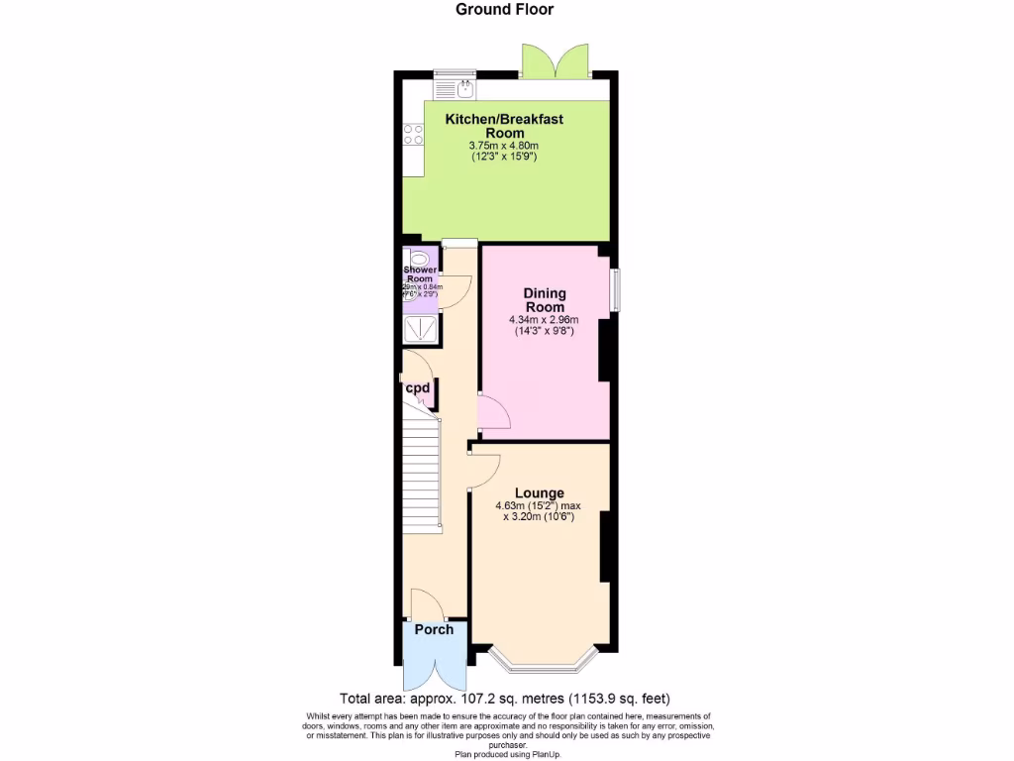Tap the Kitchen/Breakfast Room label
504,126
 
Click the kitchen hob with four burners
413,136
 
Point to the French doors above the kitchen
556,62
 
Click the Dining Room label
544,300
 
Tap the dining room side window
615,288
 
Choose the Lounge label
539,492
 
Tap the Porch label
434,629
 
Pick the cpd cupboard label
417,387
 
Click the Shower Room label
420,274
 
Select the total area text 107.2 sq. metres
510,698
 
